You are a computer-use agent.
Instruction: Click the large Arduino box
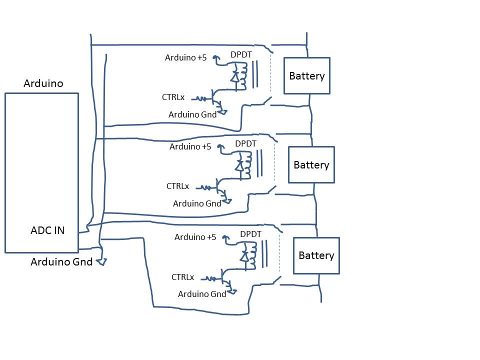tap(41, 172)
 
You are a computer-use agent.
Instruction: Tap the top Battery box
tap(307, 76)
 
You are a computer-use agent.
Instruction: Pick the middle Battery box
tap(311, 165)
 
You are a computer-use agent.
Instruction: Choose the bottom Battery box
tap(316, 255)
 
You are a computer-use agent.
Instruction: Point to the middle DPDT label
tap(245, 143)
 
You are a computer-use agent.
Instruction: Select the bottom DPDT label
tap(251, 234)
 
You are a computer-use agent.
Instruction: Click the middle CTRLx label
tap(178, 186)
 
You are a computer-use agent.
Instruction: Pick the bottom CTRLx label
tap(183, 277)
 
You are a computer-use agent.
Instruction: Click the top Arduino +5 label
tap(185, 57)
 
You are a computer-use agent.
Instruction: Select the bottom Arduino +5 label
tap(195, 237)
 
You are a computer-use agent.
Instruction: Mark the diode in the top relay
tap(234, 76)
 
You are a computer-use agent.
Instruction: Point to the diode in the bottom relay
tap(244, 256)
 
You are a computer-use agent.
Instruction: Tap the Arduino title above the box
tap(43, 83)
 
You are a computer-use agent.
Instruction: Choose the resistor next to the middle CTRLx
tap(205, 188)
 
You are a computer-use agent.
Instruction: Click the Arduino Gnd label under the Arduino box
tap(61, 261)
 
